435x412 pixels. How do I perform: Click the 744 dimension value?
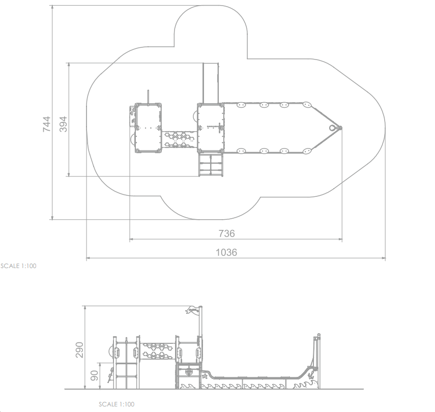tap(47, 124)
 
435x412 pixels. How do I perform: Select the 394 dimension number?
tap(63, 124)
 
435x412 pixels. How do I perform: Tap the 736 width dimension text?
tap(226, 233)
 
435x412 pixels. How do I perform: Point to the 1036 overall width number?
tap(226, 252)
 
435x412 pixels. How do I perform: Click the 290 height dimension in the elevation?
tap(79, 350)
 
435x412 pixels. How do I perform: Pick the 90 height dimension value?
tap(94, 376)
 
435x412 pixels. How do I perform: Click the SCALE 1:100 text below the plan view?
tap(18, 266)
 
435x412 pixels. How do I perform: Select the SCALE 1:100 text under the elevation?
tap(117, 404)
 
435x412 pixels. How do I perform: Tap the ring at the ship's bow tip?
tap(332, 128)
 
